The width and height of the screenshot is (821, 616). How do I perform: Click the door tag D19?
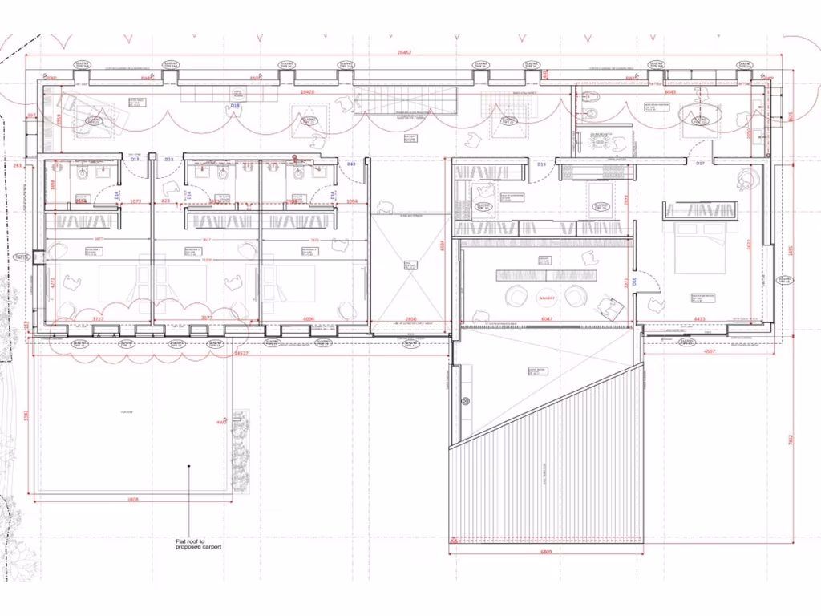[236, 106]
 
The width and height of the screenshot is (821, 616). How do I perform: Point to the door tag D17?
[699, 164]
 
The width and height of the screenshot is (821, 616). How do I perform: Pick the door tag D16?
[633, 281]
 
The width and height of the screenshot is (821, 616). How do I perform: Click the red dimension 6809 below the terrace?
[546, 552]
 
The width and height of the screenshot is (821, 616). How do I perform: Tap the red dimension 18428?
[307, 92]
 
